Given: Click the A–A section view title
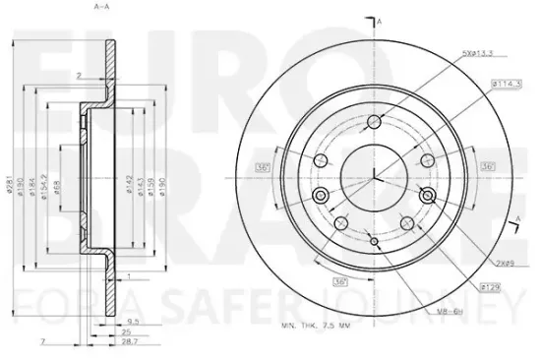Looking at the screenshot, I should (x=101, y=8).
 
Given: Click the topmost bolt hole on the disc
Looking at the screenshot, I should (x=374, y=122).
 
